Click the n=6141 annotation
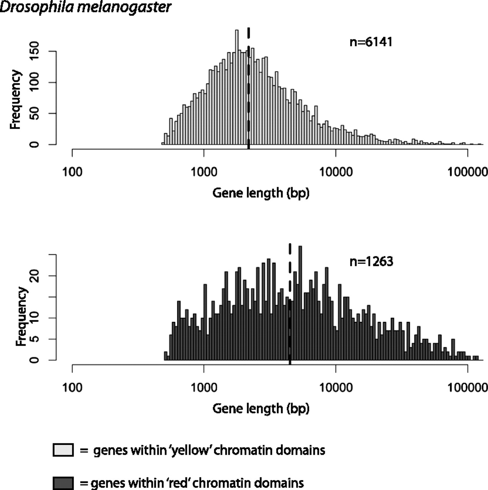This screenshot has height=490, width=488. tap(371, 41)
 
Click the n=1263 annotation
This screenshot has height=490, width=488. tap(371, 261)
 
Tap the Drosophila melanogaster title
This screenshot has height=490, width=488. tap(85, 7)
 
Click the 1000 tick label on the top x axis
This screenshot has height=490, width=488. tap(204, 172)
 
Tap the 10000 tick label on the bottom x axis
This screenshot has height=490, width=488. tap(336, 387)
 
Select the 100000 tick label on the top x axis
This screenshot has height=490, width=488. tap(467, 172)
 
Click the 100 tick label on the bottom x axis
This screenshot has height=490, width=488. tap(72, 387)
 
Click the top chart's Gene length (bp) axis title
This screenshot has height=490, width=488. tap(261, 193)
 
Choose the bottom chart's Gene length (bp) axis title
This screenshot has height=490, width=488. tap(261, 408)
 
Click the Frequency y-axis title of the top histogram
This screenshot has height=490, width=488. tap(15, 100)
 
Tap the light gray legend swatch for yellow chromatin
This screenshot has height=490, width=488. tap(63, 450)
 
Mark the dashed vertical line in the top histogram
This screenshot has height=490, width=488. tap(249, 88)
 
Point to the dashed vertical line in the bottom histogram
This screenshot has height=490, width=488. tap(290, 302)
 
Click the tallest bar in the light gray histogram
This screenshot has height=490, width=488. tap(237, 88)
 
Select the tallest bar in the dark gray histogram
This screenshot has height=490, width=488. tap(300, 302)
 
